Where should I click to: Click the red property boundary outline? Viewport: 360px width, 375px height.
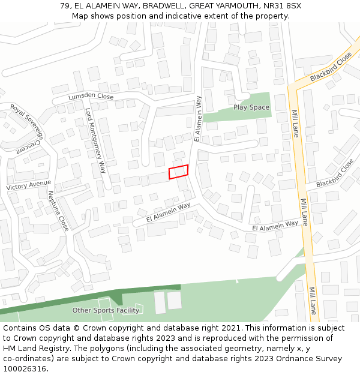[x=178, y=172]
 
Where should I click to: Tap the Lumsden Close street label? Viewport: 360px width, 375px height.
[x=91, y=97]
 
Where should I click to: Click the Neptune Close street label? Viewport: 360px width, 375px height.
[x=58, y=211]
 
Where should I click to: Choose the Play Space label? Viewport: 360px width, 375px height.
[x=251, y=107]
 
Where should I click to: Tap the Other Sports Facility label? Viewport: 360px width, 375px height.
[x=106, y=310]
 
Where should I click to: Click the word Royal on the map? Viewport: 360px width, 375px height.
[x=17, y=113]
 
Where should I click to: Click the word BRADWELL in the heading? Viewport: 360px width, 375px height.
[x=164, y=6]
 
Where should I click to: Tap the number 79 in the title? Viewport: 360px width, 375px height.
[x=65, y=6]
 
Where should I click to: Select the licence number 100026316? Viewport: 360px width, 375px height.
[x=25, y=369]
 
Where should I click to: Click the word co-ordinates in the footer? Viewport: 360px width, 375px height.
[x=26, y=359]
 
